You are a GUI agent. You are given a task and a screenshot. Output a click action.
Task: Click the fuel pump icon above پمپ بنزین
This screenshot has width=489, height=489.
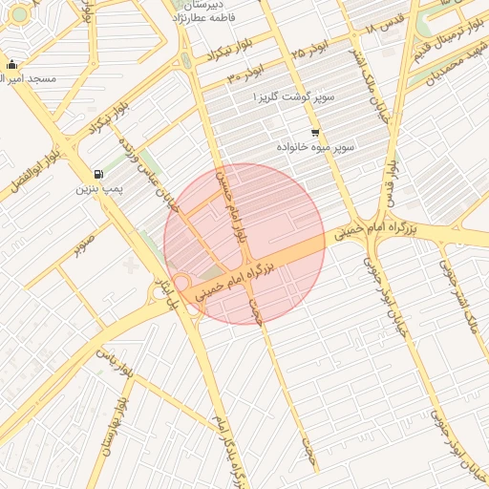click(x=98, y=174)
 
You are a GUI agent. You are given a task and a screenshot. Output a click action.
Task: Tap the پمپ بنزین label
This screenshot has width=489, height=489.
click(x=98, y=189)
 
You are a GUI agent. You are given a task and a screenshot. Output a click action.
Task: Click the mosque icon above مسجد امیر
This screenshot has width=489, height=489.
click(x=11, y=65)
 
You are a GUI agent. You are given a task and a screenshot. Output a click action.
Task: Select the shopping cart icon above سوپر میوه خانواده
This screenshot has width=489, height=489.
click(x=315, y=133)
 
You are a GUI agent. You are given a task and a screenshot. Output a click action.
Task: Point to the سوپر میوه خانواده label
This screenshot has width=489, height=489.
click(x=315, y=148)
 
